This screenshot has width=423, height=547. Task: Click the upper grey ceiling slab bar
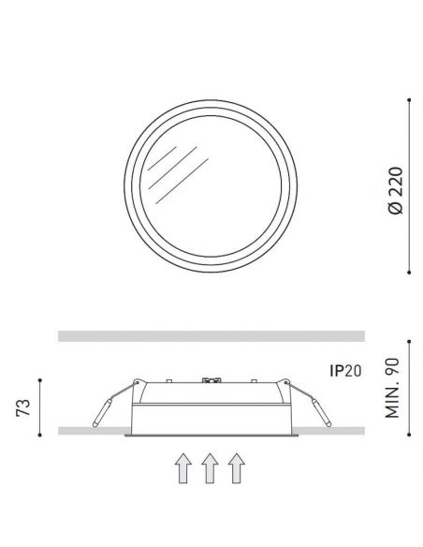pos(211,334)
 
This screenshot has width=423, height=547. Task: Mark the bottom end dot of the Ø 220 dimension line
pos(410,273)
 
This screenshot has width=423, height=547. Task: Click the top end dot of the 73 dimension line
pos(39,377)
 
